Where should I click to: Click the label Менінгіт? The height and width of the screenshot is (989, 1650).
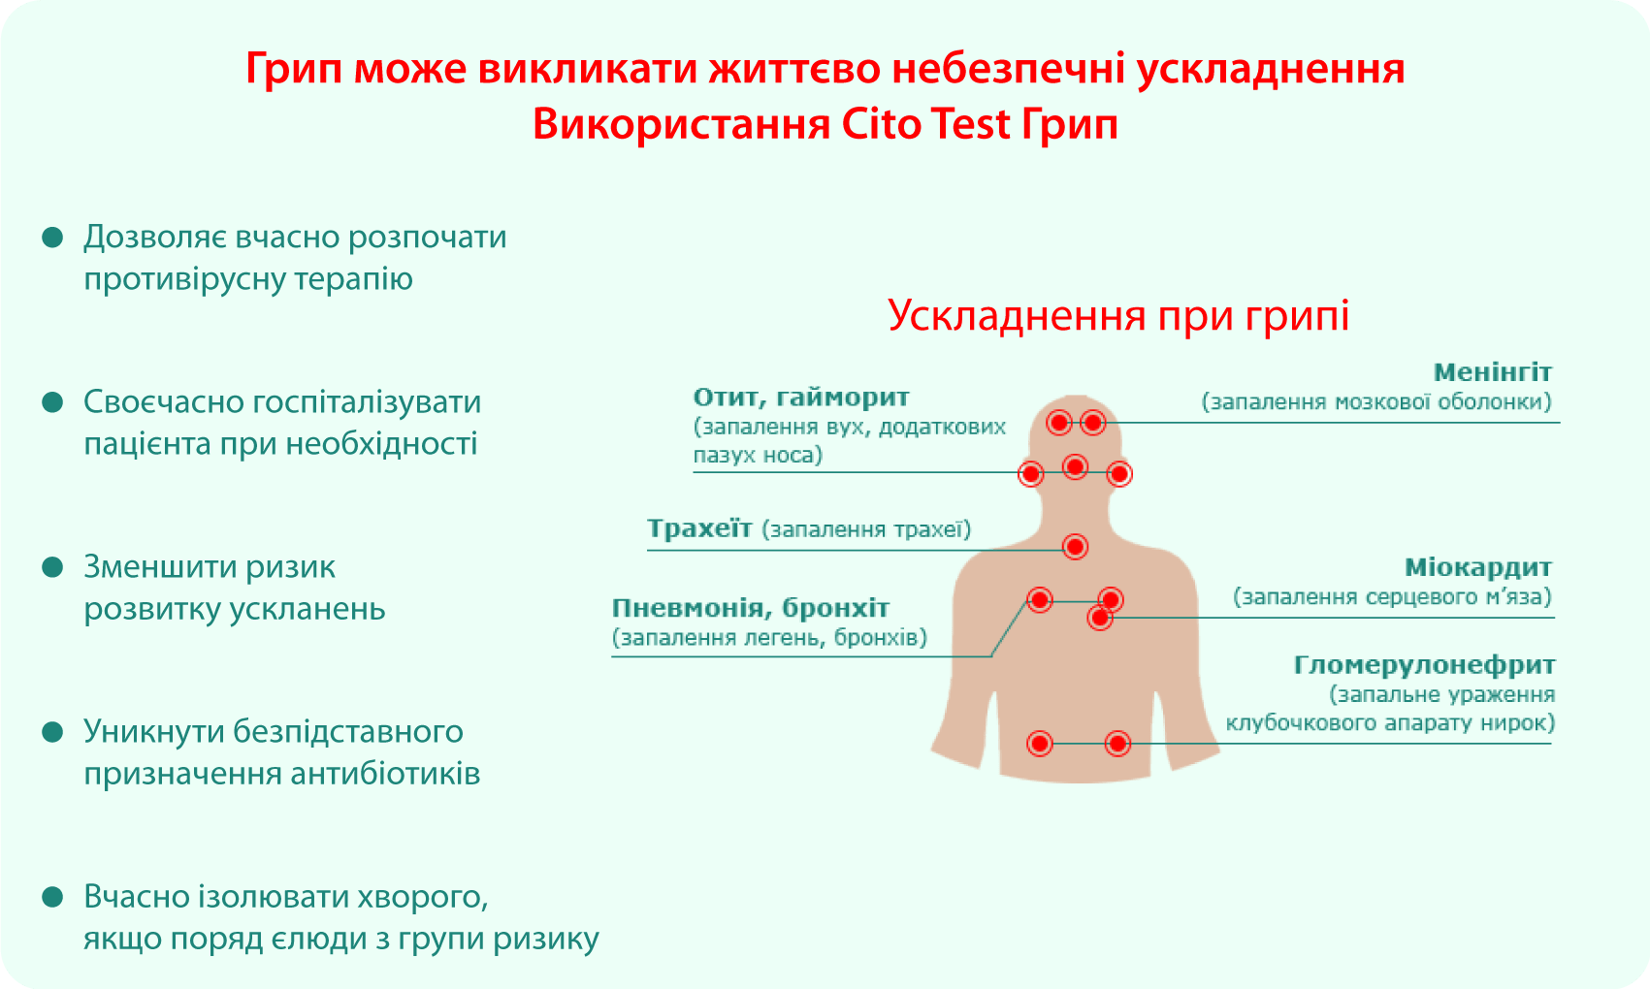tap(1492, 372)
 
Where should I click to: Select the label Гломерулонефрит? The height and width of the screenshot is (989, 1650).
tap(1425, 666)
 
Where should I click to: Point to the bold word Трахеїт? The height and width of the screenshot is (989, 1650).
tap(699, 528)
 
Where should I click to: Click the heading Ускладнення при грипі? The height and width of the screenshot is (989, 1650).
tap(1118, 316)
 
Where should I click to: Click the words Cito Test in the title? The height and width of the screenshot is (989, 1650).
tap(925, 124)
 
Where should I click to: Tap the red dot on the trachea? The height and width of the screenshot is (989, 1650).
tap(1075, 547)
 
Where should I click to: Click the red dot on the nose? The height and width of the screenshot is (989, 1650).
tap(1075, 467)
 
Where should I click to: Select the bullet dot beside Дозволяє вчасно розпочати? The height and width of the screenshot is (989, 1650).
tap(52, 238)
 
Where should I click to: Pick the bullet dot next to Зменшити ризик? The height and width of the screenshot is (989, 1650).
tap(52, 567)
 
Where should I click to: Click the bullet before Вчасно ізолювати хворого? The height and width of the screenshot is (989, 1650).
tap(52, 897)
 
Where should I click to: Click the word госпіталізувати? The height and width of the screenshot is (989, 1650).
tap(367, 403)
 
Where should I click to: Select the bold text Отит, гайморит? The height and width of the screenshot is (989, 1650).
tap(801, 398)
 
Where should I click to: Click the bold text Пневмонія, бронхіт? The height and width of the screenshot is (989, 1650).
tap(751, 608)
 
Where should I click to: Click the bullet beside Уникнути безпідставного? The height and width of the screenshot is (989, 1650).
tap(52, 732)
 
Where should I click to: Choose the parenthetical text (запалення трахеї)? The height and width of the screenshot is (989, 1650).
tap(866, 529)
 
